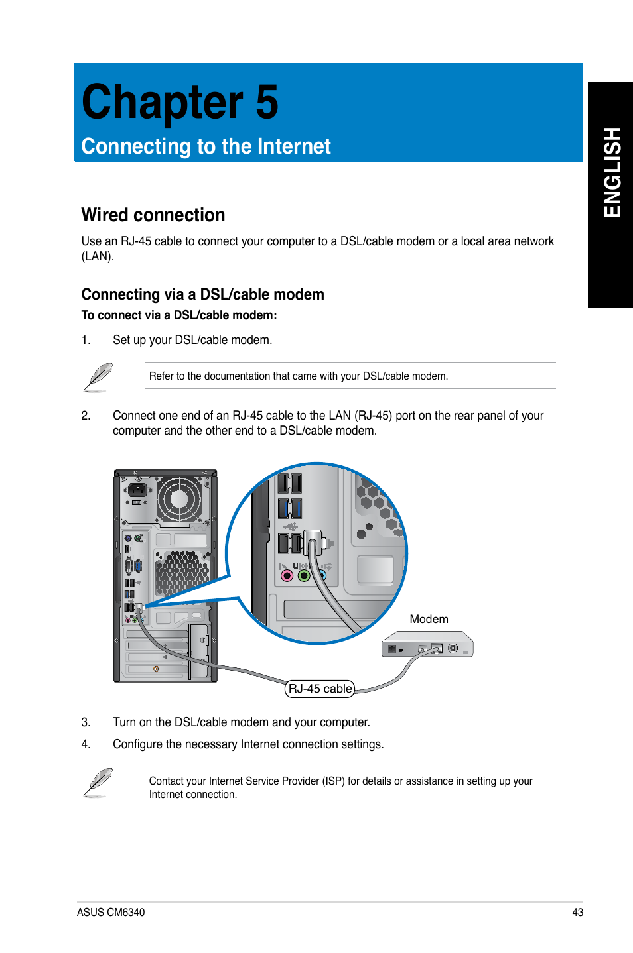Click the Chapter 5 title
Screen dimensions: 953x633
[180, 103]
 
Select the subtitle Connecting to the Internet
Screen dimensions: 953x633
[206, 146]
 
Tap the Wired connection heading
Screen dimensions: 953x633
[153, 215]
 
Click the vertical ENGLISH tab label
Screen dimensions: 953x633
[612, 172]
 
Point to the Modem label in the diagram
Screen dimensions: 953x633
[429, 619]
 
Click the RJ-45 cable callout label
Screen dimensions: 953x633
[320, 689]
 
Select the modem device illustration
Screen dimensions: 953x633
[427, 645]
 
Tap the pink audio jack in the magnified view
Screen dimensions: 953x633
[287, 575]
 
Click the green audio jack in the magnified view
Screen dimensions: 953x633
[304, 575]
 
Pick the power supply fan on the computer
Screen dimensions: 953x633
[179, 498]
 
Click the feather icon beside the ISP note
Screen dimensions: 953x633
[98, 783]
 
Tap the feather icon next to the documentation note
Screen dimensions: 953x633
[98, 377]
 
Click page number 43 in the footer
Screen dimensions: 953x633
[577, 913]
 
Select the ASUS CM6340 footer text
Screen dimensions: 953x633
[111, 913]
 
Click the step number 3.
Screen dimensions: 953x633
[86, 722]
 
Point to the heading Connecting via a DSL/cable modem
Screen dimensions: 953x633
[202, 294]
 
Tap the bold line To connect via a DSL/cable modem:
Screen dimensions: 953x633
[179, 315]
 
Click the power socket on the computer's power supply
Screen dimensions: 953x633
[137, 490]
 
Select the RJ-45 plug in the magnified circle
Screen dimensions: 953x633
[313, 542]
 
